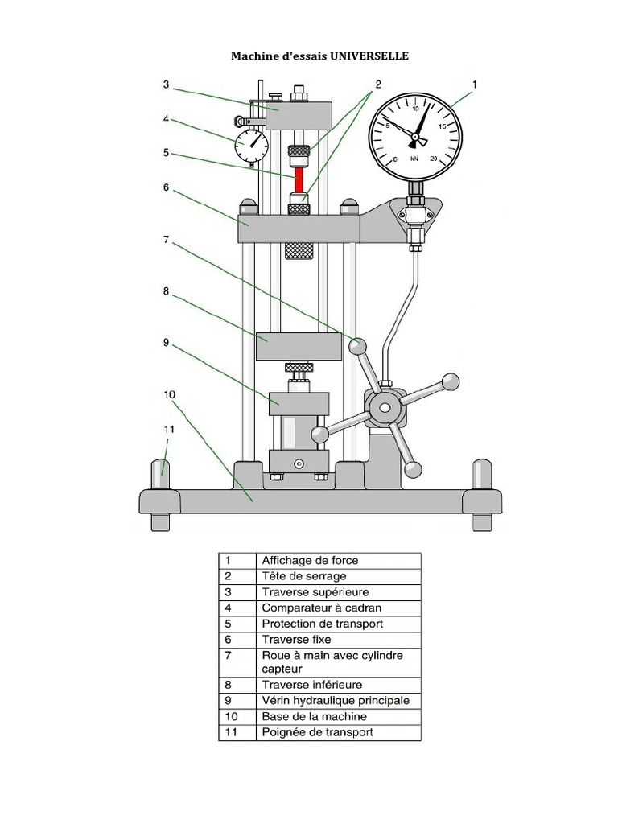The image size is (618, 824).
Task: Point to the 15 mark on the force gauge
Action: coord(443,126)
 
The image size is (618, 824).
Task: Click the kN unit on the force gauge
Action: coord(414,159)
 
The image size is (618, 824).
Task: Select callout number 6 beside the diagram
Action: coord(166,187)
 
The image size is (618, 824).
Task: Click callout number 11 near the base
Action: coord(169,430)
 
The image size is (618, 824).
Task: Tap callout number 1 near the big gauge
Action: coord(475,84)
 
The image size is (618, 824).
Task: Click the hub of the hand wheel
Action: coord(385,408)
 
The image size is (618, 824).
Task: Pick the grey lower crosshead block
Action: coord(298,348)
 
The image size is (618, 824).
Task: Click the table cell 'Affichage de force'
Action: coord(310,560)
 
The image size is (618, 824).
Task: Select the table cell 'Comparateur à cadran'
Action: coord(321,608)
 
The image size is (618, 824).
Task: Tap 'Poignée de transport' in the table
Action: coord(317,732)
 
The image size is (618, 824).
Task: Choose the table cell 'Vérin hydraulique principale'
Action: coord(336,701)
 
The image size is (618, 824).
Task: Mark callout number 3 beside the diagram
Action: coord(165,84)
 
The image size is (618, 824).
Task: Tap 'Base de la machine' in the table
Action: coord(314,716)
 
